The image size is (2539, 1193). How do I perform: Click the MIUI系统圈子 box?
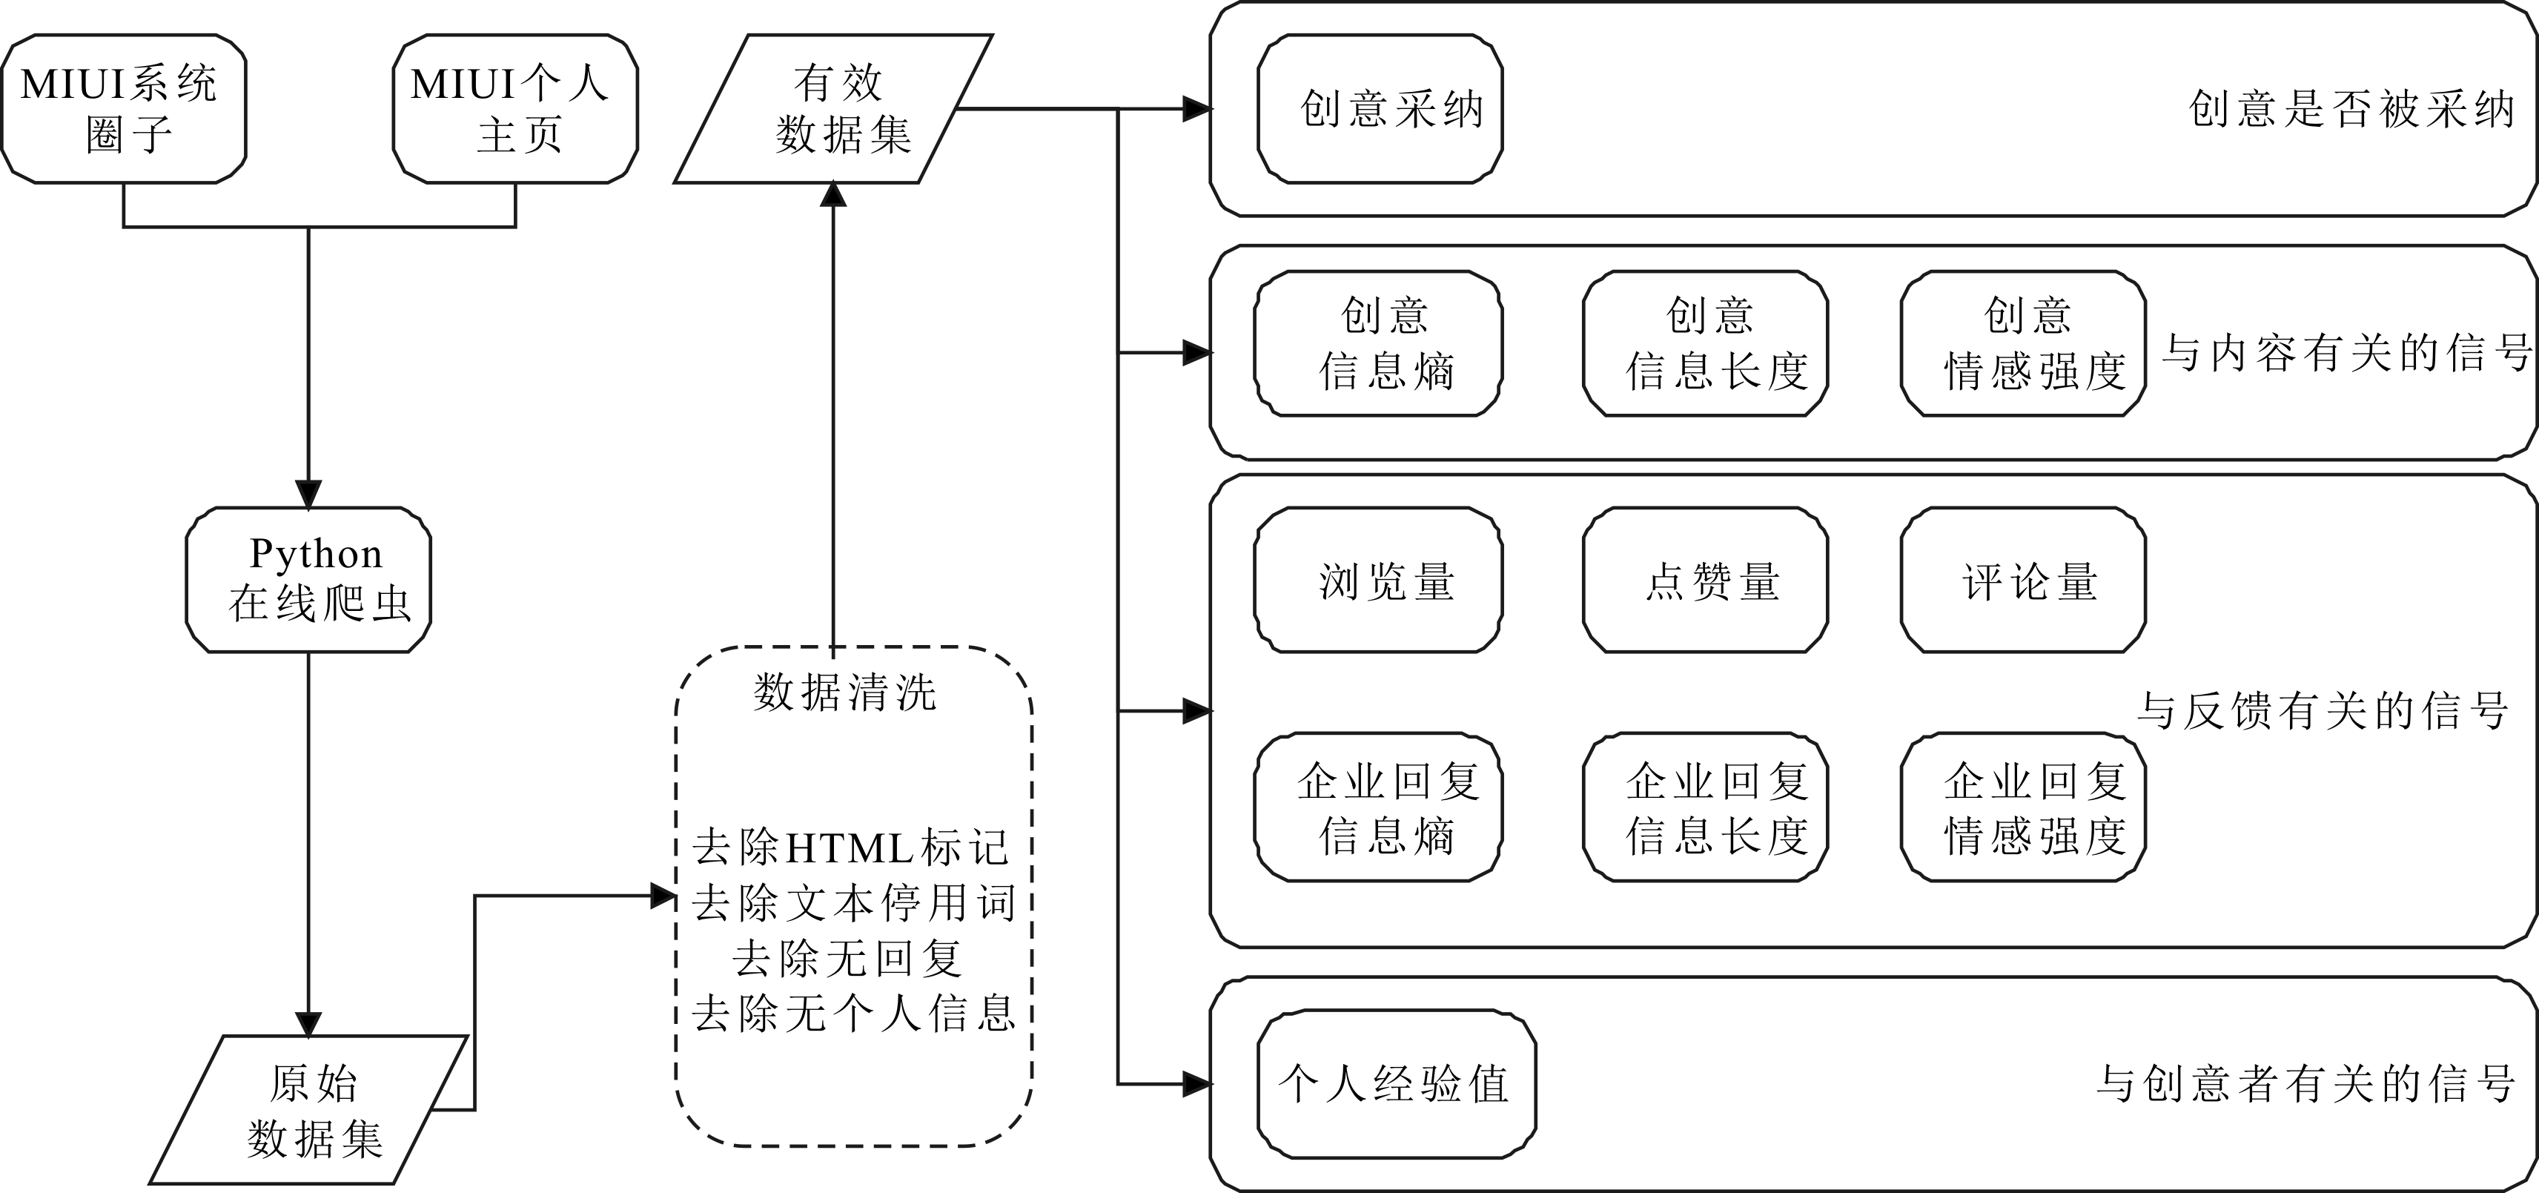click(123, 108)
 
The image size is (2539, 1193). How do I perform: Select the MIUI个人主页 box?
click(514, 108)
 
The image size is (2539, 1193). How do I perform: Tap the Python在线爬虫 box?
click(308, 580)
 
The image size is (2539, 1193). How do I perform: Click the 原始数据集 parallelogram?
click(308, 1110)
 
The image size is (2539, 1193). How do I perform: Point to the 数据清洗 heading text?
click(844, 692)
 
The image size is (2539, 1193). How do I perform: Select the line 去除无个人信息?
click(853, 1014)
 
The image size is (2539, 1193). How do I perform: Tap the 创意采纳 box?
click(1380, 108)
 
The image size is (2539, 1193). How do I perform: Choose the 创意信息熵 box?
click(1378, 343)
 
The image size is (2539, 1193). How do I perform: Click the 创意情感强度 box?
click(2024, 343)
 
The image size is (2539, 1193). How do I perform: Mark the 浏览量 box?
click(1378, 581)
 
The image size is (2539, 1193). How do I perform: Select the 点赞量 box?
click(1705, 581)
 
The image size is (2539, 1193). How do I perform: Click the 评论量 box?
click(2024, 581)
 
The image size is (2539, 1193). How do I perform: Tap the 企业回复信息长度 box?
click(1705, 807)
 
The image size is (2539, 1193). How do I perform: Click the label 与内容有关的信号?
click(2346, 353)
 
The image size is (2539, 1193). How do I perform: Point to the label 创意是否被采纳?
click(2351, 108)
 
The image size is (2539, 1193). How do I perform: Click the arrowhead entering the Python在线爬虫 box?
click(308, 495)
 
